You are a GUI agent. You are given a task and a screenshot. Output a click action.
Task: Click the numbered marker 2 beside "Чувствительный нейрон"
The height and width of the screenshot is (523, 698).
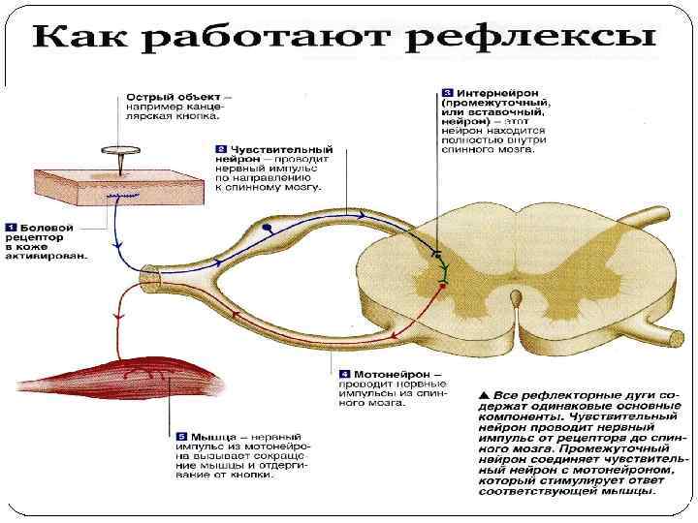point(222,150)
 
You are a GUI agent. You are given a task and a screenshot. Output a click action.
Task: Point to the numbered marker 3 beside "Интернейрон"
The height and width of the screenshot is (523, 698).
point(447,91)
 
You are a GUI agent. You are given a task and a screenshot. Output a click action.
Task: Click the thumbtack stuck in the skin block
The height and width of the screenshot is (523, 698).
point(118,154)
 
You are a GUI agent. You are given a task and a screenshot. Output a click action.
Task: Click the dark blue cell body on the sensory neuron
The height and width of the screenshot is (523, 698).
point(267,229)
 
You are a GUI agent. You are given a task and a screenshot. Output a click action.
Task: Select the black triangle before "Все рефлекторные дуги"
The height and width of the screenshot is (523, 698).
point(485,395)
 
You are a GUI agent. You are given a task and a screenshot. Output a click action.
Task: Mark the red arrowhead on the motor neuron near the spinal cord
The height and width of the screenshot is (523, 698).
point(397,332)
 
